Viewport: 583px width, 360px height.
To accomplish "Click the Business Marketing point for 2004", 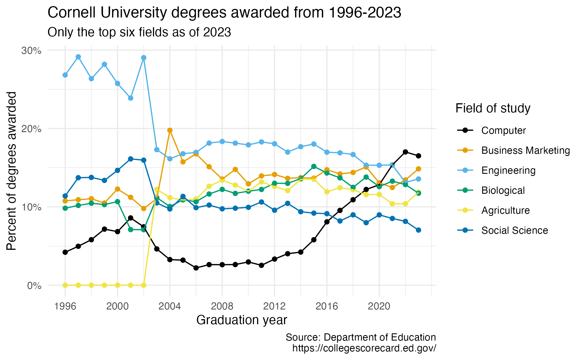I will [170, 130].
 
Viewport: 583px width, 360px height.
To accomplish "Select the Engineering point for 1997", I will [78, 57].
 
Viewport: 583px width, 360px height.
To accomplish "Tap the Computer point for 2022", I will [405, 152].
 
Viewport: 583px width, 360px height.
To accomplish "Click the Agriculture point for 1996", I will [65, 285].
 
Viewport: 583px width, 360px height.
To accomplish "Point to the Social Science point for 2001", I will [130, 159].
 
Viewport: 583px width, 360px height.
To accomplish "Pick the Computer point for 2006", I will [196, 268].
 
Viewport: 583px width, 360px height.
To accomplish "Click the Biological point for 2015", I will [314, 167].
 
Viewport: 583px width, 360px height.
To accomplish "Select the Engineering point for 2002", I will [144, 58].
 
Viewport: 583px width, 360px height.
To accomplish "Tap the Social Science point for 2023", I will [418, 230].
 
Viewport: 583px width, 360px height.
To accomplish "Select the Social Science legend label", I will [514, 230].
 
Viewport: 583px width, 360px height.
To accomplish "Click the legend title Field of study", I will [493, 108].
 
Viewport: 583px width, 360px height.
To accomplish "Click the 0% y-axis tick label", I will [34, 286].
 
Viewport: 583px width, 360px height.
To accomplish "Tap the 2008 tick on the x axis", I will [222, 306].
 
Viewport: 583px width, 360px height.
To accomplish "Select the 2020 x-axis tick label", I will [379, 306].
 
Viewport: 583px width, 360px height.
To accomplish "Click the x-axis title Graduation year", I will [242, 320].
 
